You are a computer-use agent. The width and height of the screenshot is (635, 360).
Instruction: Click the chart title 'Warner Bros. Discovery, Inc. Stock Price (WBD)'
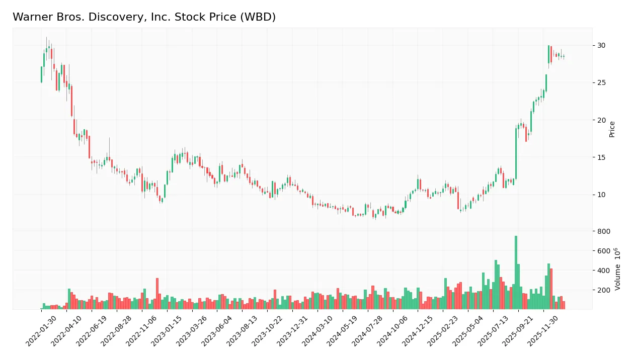point(144,17)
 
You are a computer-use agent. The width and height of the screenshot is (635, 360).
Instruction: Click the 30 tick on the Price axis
point(601,45)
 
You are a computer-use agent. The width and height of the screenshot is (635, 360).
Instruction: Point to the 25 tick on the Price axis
point(601,82)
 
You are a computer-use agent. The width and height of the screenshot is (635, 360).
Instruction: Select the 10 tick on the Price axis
point(601,195)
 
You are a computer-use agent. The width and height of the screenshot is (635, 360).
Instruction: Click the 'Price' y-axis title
point(612,129)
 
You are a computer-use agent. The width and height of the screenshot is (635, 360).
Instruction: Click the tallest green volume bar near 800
point(516,272)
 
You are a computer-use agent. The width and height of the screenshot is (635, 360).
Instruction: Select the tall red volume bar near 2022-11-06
point(157,294)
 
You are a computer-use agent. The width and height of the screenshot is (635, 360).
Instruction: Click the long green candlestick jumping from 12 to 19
point(516,153)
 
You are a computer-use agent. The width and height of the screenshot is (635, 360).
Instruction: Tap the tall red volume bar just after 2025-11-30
point(551,289)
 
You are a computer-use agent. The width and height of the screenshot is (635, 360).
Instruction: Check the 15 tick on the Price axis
point(601,157)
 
